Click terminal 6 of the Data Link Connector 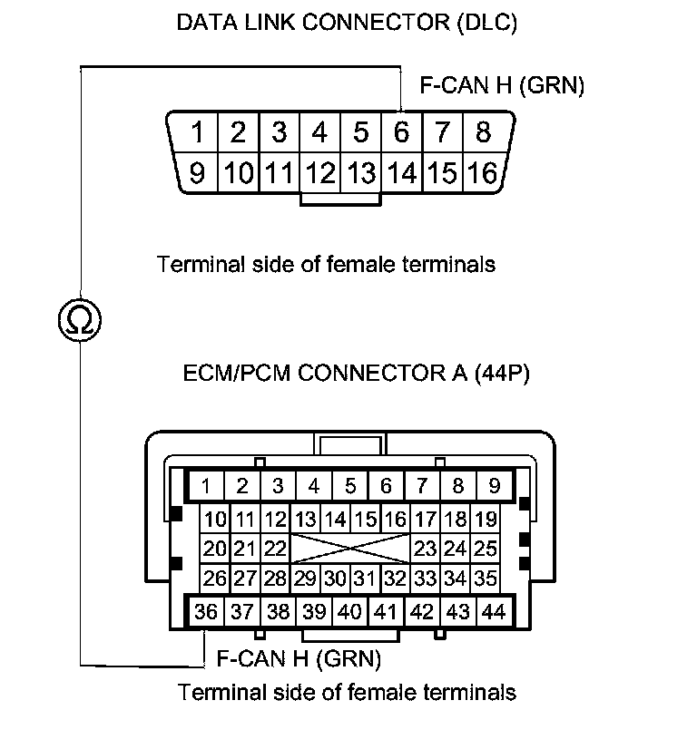401,132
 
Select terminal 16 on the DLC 484,171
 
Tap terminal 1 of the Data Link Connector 197,132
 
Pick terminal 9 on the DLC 197,171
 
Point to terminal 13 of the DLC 360,171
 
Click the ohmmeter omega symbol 79,318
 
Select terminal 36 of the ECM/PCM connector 206,612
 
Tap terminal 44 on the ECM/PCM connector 494,612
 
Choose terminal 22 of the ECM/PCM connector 275,549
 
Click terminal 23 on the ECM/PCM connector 425,549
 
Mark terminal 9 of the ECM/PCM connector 494,485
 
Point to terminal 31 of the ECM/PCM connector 364,577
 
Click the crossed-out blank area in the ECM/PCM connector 349,549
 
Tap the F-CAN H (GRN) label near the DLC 502,86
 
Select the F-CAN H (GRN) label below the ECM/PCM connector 299,657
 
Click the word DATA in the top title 204,23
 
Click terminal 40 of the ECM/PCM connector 349,612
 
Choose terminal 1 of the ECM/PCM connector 206,485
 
